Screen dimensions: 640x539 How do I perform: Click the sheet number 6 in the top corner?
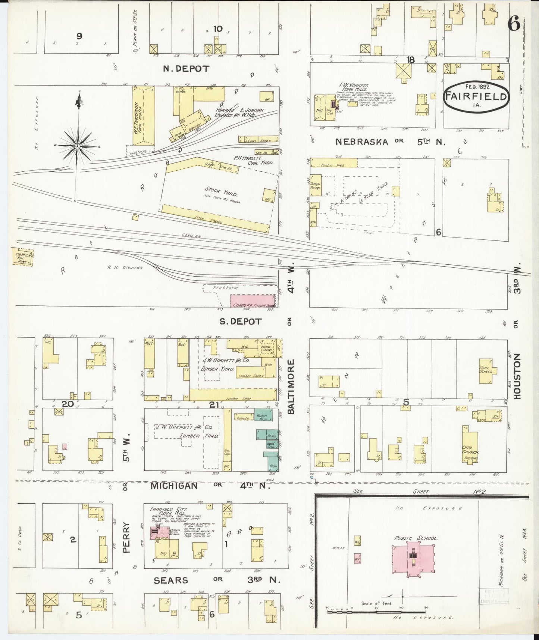[x=514, y=24]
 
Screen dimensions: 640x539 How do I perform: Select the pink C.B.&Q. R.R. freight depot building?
[x=252, y=301]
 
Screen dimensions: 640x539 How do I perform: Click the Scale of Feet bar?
[x=377, y=612]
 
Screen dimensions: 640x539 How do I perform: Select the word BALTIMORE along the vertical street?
[x=291, y=386]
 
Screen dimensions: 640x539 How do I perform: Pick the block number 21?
[x=214, y=405]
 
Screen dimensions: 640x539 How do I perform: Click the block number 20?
[x=68, y=404]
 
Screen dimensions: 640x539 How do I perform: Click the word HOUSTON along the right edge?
[x=517, y=376]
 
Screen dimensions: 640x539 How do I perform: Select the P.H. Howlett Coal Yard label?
[x=253, y=160]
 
